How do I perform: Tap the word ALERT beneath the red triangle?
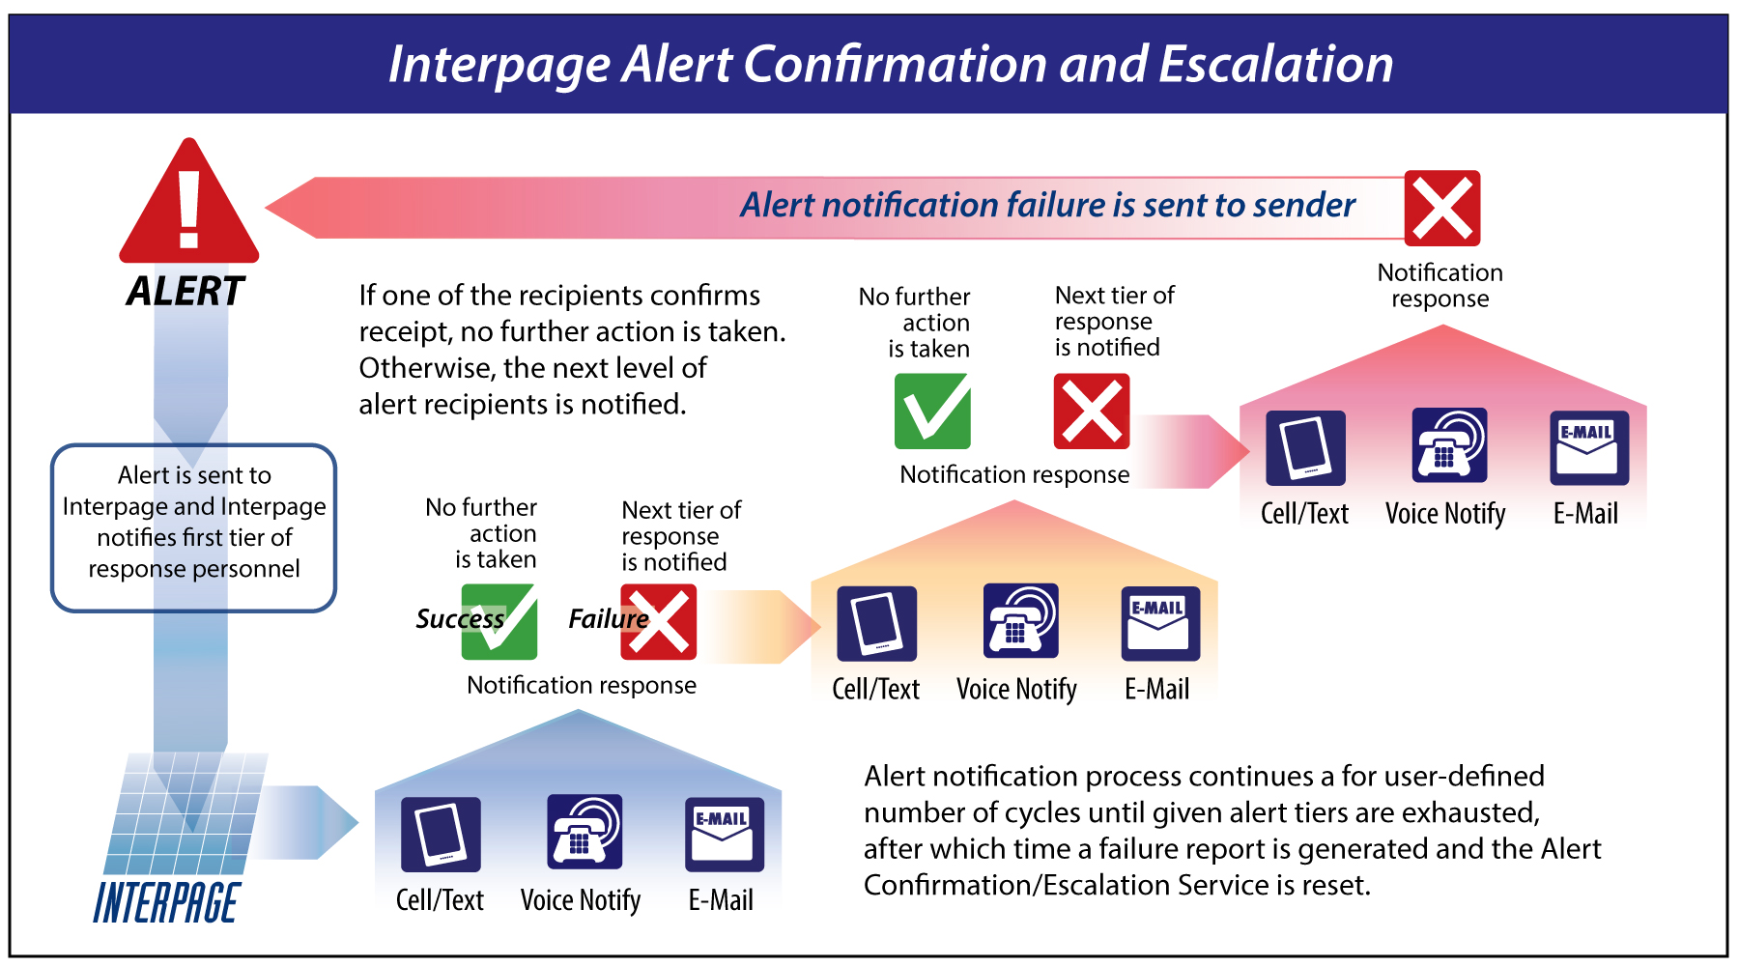(x=185, y=291)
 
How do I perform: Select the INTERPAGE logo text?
(x=165, y=903)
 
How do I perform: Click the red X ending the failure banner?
(x=1441, y=208)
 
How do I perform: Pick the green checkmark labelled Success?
(x=499, y=622)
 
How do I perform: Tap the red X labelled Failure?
(x=659, y=622)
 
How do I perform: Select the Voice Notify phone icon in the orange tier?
(x=1020, y=621)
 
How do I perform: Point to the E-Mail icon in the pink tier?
(x=1589, y=447)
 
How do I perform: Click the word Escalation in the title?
(x=1275, y=65)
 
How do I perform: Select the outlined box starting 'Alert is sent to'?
(x=193, y=527)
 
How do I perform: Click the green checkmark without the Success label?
(x=932, y=412)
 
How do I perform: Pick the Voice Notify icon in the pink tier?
(x=1449, y=445)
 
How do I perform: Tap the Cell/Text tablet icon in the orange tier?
(x=876, y=623)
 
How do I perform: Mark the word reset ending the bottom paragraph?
(x=1336, y=885)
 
